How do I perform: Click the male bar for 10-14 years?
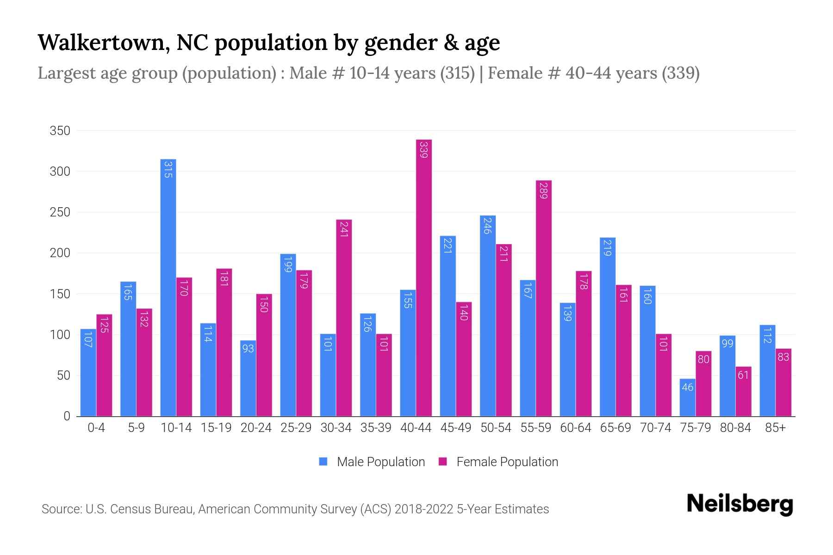pyautogui.click(x=168, y=288)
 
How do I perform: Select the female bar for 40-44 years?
pyautogui.click(x=424, y=277)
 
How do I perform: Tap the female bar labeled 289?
pyautogui.click(x=544, y=298)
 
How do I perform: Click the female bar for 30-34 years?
pyautogui.click(x=344, y=318)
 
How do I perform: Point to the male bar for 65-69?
pyautogui.click(x=607, y=327)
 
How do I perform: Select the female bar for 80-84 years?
pyautogui.click(x=743, y=391)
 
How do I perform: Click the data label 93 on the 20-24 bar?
pyautogui.click(x=248, y=348)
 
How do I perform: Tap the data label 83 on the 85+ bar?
pyautogui.click(x=783, y=357)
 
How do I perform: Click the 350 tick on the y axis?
pyautogui.click(x=60, y=131)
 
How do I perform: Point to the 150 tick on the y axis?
pyautogui.click(x=60, y=294)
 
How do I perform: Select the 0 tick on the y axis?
pyautogui.click(x=67, y=416)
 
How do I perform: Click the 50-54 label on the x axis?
pyautogui.click(x=496, y=428)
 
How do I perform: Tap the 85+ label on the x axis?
pyautogui.click(x=775, y=428)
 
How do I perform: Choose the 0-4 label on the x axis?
pyautogui.click(x=96, y=428)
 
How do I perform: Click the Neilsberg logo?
pyautogui.click(x=740, y=504)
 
